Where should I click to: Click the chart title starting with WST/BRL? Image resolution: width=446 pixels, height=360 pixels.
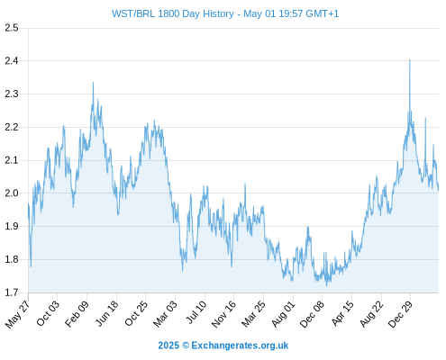point(225,13)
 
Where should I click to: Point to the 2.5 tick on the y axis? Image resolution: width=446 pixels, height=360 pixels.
point(12,28)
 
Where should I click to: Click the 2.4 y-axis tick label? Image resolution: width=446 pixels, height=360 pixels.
point(12,61)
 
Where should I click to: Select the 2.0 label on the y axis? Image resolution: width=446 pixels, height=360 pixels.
point(12,193)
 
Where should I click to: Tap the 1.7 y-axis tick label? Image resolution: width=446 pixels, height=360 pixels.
point(12,292)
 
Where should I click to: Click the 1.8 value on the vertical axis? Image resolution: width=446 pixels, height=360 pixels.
point(12,259)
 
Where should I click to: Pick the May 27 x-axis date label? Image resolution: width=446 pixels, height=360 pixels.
point(18,313)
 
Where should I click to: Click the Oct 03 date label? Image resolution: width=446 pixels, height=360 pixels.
point(48,313)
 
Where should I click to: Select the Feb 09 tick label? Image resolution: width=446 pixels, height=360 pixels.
point(77,313)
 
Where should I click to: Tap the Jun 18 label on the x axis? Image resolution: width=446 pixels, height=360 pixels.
point(107,313)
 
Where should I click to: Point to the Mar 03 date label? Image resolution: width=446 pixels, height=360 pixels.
point(165,313)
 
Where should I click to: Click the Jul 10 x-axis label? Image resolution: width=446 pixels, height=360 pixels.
point(196,312)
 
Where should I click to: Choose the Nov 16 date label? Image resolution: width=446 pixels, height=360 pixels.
point(223,314)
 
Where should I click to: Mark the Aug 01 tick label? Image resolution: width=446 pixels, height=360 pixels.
point(283,313)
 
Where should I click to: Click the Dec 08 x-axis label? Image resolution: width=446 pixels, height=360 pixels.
point(312,314)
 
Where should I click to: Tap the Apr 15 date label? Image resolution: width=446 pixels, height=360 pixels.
point(342,313)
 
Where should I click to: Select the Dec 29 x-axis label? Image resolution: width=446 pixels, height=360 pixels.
point(400,314)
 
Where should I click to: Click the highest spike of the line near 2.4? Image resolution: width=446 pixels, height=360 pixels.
point(410,60)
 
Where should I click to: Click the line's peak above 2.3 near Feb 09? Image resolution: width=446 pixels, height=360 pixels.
point(93,83)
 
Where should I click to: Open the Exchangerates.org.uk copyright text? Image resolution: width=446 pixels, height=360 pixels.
point(223,346)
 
